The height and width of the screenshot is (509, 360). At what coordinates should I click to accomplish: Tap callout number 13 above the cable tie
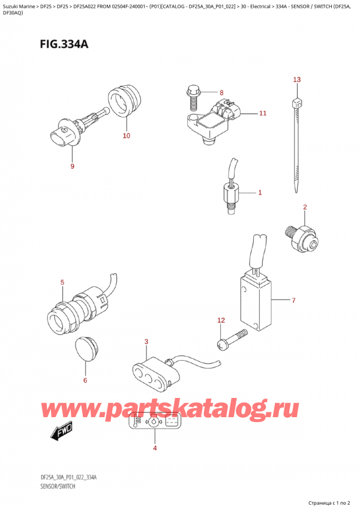click(x=296, y=80)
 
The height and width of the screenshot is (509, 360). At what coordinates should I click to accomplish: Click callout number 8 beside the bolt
click(x=221, y=93)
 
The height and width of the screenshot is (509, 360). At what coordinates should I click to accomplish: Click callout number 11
click(x=262, y=113)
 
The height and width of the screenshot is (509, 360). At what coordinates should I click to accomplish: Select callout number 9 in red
click(x=72, y=166)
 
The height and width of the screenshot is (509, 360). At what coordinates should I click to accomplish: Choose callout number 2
click(x=305, y=208)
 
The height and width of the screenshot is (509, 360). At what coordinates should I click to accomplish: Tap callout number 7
click(x=293, y=300)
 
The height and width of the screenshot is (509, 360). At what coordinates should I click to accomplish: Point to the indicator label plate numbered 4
click(x=155, y=423)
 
